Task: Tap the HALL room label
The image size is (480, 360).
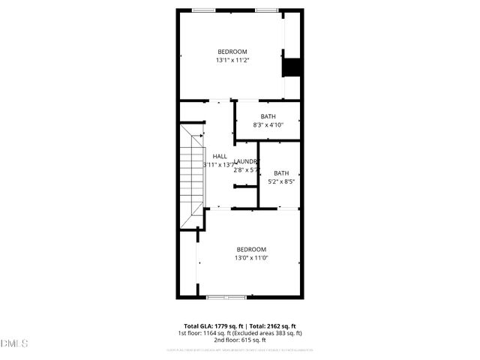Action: [x=220, y=157]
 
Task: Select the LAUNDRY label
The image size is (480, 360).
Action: [x=245, y=162]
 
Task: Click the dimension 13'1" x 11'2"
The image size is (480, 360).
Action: [x=232, y=60]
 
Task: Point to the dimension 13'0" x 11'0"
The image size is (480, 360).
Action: [x=251, y=258]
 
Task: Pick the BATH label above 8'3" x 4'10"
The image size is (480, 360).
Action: [x=268, y=116]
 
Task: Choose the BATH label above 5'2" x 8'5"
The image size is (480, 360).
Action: [x=281, y=173]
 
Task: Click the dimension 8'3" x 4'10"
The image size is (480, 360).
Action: [x=268, y=125]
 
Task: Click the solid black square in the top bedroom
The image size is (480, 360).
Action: [x=290, y=67]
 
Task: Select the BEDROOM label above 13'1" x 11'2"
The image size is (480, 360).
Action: [x=232, y=51]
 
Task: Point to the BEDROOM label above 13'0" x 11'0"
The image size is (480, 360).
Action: [x=251, y=249]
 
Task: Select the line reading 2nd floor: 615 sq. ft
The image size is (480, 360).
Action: [x=240, y=340]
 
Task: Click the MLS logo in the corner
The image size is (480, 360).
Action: [x=14, y=343]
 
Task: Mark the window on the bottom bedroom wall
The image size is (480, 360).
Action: [x=226, y=297]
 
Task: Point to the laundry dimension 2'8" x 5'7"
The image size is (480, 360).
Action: [x=246, y=170]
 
